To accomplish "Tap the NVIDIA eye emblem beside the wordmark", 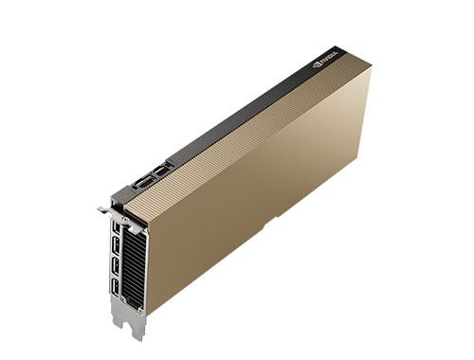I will (x=317, y=66).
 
